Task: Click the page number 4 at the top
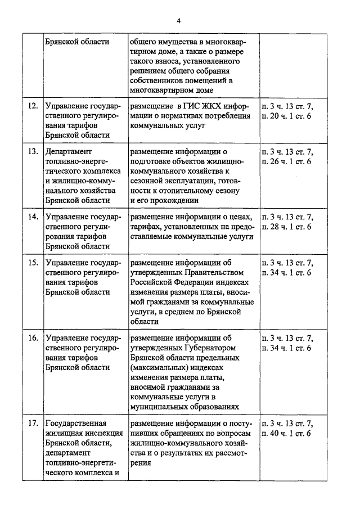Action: [179, 21]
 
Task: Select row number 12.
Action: [33, 105]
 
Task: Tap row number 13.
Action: [33, 151]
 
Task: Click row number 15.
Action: [33, 263]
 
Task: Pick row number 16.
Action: [33, 338]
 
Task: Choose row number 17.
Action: [33, 423]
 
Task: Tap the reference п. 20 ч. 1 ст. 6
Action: [286, 115]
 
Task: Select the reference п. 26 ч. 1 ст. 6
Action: [286, 161]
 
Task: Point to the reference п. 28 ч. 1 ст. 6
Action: [286, 227]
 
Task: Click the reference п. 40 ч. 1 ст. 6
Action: [286, 433]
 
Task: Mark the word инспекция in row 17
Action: [88, 433]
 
